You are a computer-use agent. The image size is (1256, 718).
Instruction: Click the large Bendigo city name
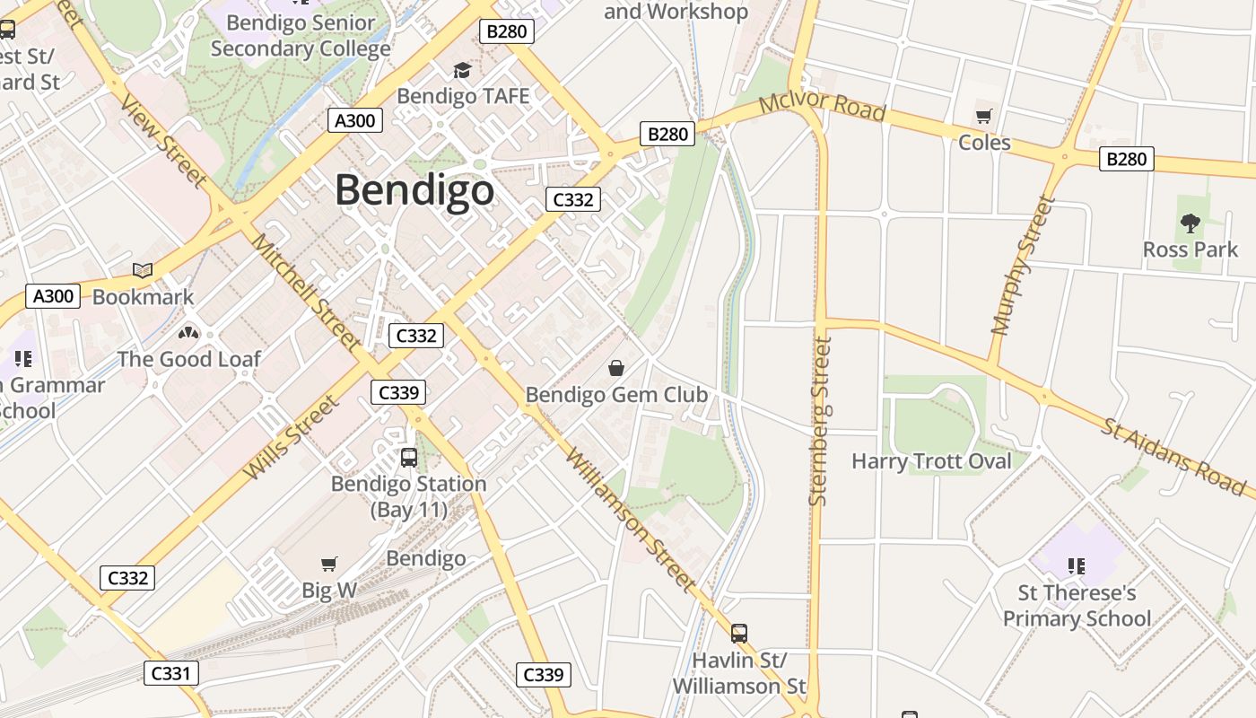coord(414,190)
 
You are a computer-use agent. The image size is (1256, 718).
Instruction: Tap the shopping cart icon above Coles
coord(984,116)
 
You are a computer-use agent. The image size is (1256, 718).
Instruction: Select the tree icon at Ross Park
coord(1190,223)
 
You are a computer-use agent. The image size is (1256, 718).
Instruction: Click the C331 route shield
coord(170,672)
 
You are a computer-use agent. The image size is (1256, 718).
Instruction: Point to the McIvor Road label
coord(822,106)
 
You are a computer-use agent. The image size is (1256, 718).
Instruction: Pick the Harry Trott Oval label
coord(931,461)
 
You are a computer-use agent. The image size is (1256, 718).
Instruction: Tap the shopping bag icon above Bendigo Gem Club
coord(616,368)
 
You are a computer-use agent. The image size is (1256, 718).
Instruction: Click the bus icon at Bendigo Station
coord(409,458)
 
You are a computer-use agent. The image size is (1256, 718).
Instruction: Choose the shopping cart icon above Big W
coord(329,565)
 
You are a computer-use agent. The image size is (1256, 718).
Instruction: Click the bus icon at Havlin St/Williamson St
coord(739,634)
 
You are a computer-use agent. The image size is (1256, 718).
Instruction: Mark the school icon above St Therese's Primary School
coord(1077,566)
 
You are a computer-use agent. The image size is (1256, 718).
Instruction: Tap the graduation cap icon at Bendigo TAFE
coord(462,70)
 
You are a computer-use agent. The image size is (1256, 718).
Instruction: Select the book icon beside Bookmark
coord(143,270)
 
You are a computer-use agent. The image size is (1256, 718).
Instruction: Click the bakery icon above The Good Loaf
coord(188,333)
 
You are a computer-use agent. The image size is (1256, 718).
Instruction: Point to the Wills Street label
coord(292,437)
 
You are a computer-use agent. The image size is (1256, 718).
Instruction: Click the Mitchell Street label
coord(306,292)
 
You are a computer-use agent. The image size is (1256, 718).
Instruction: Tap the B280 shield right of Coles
coord(1126,159)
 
